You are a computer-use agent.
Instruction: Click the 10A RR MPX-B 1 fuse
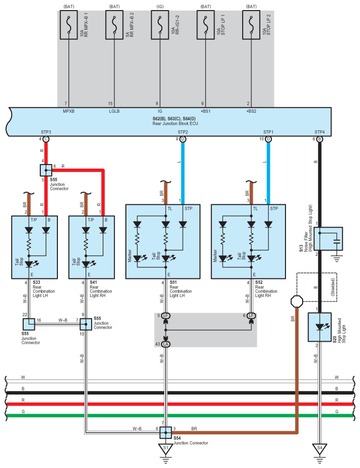click(68, 25)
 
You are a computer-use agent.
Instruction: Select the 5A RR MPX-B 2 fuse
click(114, 25)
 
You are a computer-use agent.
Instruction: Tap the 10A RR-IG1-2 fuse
click(160, 25)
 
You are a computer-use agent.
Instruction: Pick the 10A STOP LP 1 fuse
click(205, 25)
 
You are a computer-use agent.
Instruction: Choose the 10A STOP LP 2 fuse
click(251, 25)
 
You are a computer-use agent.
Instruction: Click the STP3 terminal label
click(46, 132)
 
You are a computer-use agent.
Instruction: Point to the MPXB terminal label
click(68, 111)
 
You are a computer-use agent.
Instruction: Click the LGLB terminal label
click(114, 111)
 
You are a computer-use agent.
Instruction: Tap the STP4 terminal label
click(319, 132)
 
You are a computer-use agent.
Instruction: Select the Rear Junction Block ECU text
click(175, 123)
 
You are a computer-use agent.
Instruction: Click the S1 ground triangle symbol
click(166, 448)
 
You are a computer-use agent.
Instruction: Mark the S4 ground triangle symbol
click(319, 448)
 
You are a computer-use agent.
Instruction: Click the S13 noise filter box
click(328, 239)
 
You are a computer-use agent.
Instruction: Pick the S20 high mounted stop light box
click(320, 327)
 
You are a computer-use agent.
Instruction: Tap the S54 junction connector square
click(166, 432)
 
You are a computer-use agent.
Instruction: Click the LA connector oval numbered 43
click(166, 344)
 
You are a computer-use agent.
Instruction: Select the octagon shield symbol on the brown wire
click(297, 301)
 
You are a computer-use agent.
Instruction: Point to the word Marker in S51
click(130, 256)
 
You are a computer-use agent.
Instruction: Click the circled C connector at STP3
click(46, 139)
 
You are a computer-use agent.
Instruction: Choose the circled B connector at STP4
click(319, 139)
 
